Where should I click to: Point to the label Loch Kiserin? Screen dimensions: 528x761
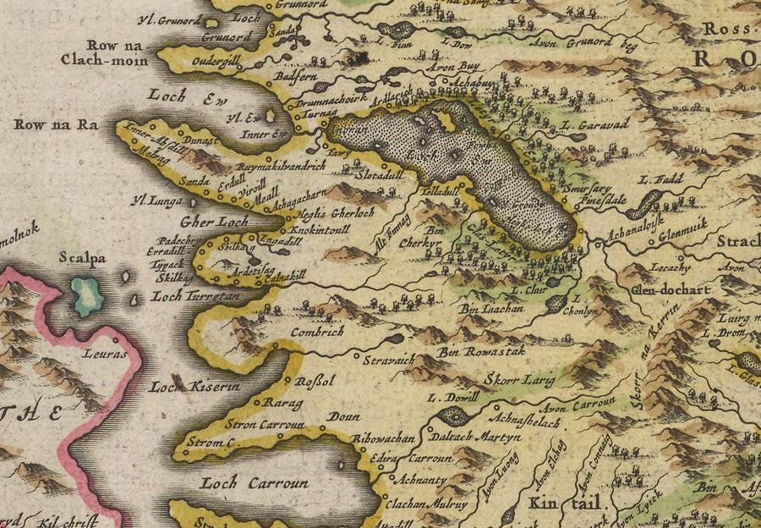click(x=195, y=388)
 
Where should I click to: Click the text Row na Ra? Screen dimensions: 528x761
click(x=56, y=125)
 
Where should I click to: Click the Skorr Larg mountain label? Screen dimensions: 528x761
click(x=520, y=380)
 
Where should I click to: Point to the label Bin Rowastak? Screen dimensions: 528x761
click(x=479, y=352)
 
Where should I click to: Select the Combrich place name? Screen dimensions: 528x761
click(x=316, y=333)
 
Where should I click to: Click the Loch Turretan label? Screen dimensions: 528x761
click(x=195, y=297)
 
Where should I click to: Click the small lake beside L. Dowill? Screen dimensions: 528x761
click(x=455, y=415)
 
